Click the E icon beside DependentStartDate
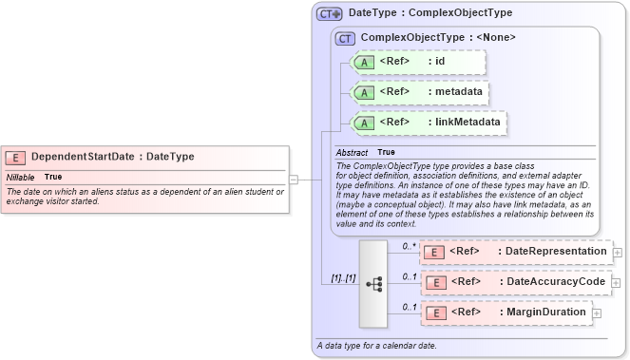pos(15,157)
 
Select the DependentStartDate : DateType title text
pos(112,157)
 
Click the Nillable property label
pos(21,178)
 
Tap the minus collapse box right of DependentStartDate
pos(294,178)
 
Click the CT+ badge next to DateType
pos(330,13)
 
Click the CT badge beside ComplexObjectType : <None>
pos(345,38)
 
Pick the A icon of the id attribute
pos(364,63)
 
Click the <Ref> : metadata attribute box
pos(420,92)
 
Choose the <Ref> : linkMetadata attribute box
pos(428,123)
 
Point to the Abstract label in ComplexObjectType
pos(353,152)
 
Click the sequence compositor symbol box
pos(373,282)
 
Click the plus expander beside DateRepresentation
pos(618,253)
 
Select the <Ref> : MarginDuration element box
pos(506,313)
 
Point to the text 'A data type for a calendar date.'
pos(377,346)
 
